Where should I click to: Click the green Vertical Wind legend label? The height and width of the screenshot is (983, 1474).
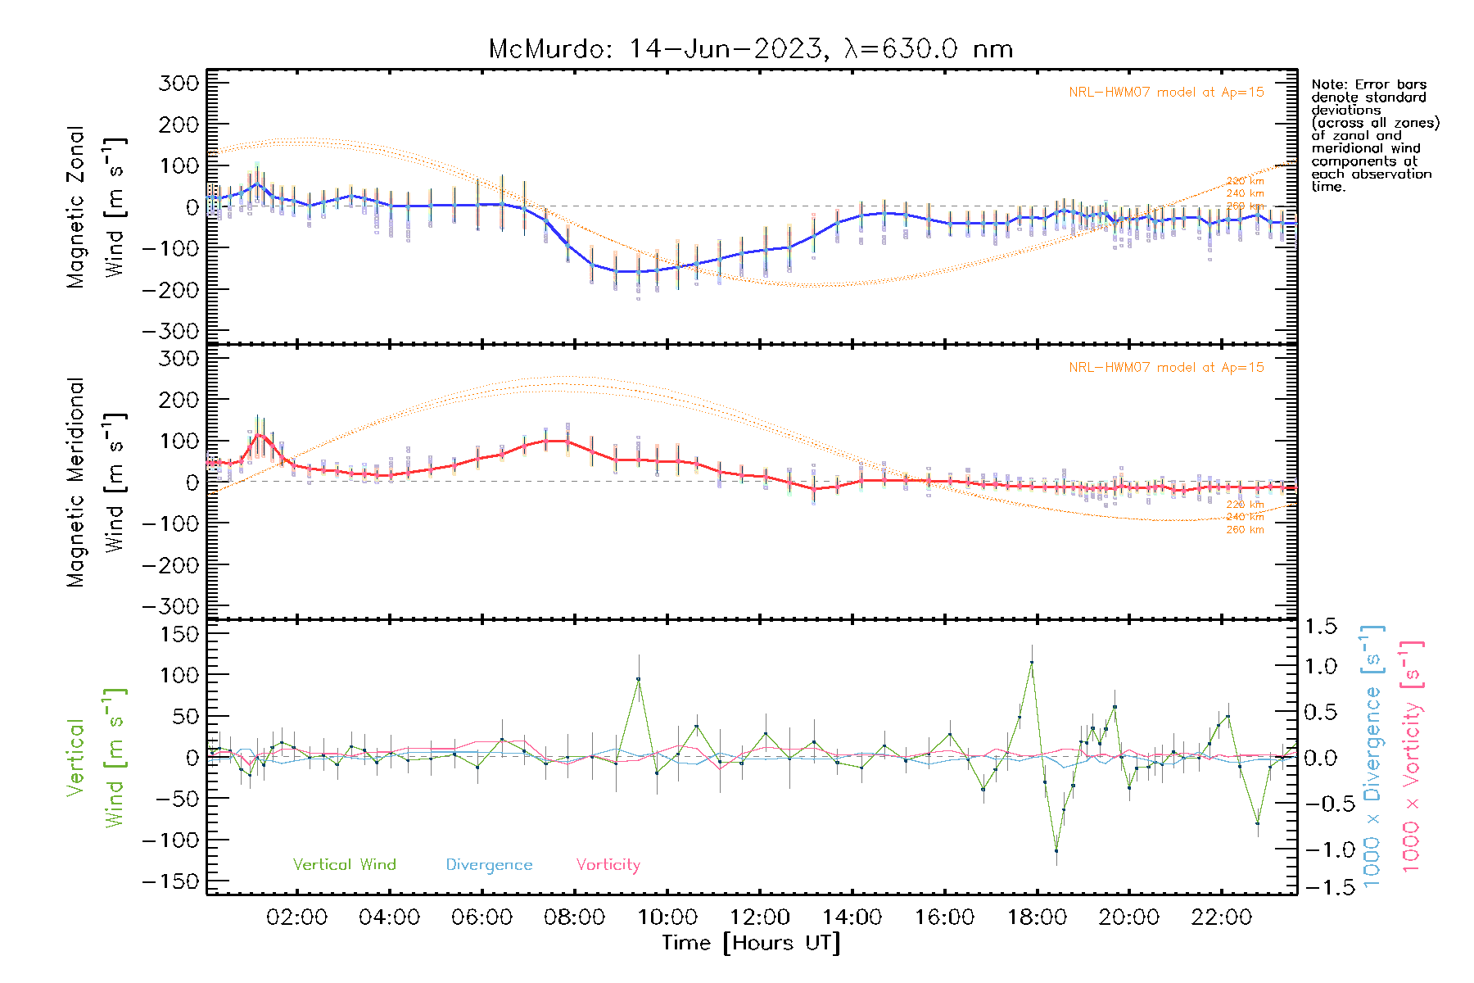tap(344, 865)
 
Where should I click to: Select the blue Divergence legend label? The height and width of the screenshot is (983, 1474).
tap(489, 865)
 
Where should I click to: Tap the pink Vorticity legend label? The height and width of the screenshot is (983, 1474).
tap(608, 865)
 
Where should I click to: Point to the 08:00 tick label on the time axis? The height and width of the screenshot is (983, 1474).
tap(574, 917)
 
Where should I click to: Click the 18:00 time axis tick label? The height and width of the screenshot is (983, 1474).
tap(1037, 917)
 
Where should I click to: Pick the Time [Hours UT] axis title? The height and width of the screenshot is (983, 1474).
tap(751, 943)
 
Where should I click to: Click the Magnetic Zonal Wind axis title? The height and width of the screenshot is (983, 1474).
tap(96, 207)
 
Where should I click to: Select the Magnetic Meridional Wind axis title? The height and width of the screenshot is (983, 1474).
tap(96, 482)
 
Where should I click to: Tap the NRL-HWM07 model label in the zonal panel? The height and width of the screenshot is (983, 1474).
tap(1166, 93)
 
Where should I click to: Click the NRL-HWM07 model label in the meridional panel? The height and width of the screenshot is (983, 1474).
tap(1166, 368)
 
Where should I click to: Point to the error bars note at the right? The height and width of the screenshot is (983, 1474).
tap(1374, 135)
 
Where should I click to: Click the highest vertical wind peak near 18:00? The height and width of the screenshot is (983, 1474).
tap(1032, 662)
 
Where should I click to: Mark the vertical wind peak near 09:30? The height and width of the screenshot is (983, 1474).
tap(639, 679)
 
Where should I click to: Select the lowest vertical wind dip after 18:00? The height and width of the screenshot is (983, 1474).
tap(1056, 850)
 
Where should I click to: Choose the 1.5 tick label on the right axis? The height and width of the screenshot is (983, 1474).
tap(1320, 627)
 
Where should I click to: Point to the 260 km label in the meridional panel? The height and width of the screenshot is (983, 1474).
tap(1245, 530)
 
